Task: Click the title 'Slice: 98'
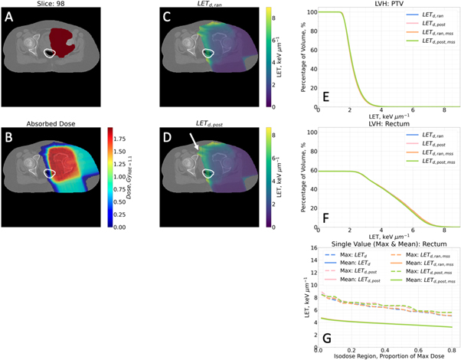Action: point(65,5)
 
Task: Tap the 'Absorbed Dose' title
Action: point(65,124)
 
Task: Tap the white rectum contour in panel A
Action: point(51,54)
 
